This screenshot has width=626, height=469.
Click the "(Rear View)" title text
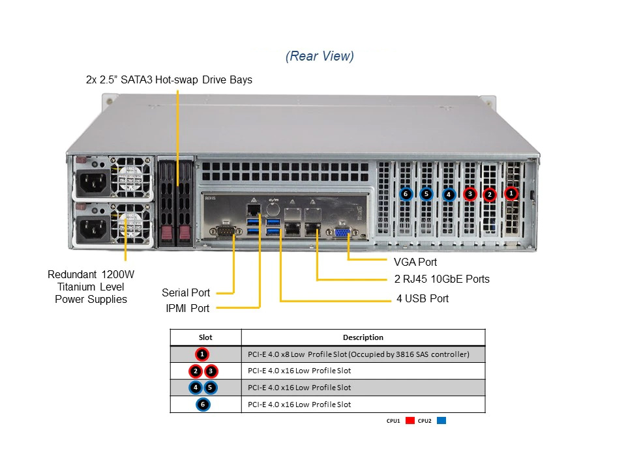320,56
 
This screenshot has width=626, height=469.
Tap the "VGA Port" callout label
415,262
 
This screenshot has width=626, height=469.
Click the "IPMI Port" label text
186,308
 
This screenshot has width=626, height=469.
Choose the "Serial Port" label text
186,292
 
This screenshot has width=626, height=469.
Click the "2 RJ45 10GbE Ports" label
441,279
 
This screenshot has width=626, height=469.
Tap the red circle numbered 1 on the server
511,193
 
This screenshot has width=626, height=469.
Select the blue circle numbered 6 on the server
406,193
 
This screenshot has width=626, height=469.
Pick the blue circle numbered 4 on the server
449,194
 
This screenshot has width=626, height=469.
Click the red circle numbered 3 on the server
470,193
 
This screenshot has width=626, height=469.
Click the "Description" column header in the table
363,337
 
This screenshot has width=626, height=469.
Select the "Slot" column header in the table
205,337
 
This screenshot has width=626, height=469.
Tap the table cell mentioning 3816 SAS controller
359,354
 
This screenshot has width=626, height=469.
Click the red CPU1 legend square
410,421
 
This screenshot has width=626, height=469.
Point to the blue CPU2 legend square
441,421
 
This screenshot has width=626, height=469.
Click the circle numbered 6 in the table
203,405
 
